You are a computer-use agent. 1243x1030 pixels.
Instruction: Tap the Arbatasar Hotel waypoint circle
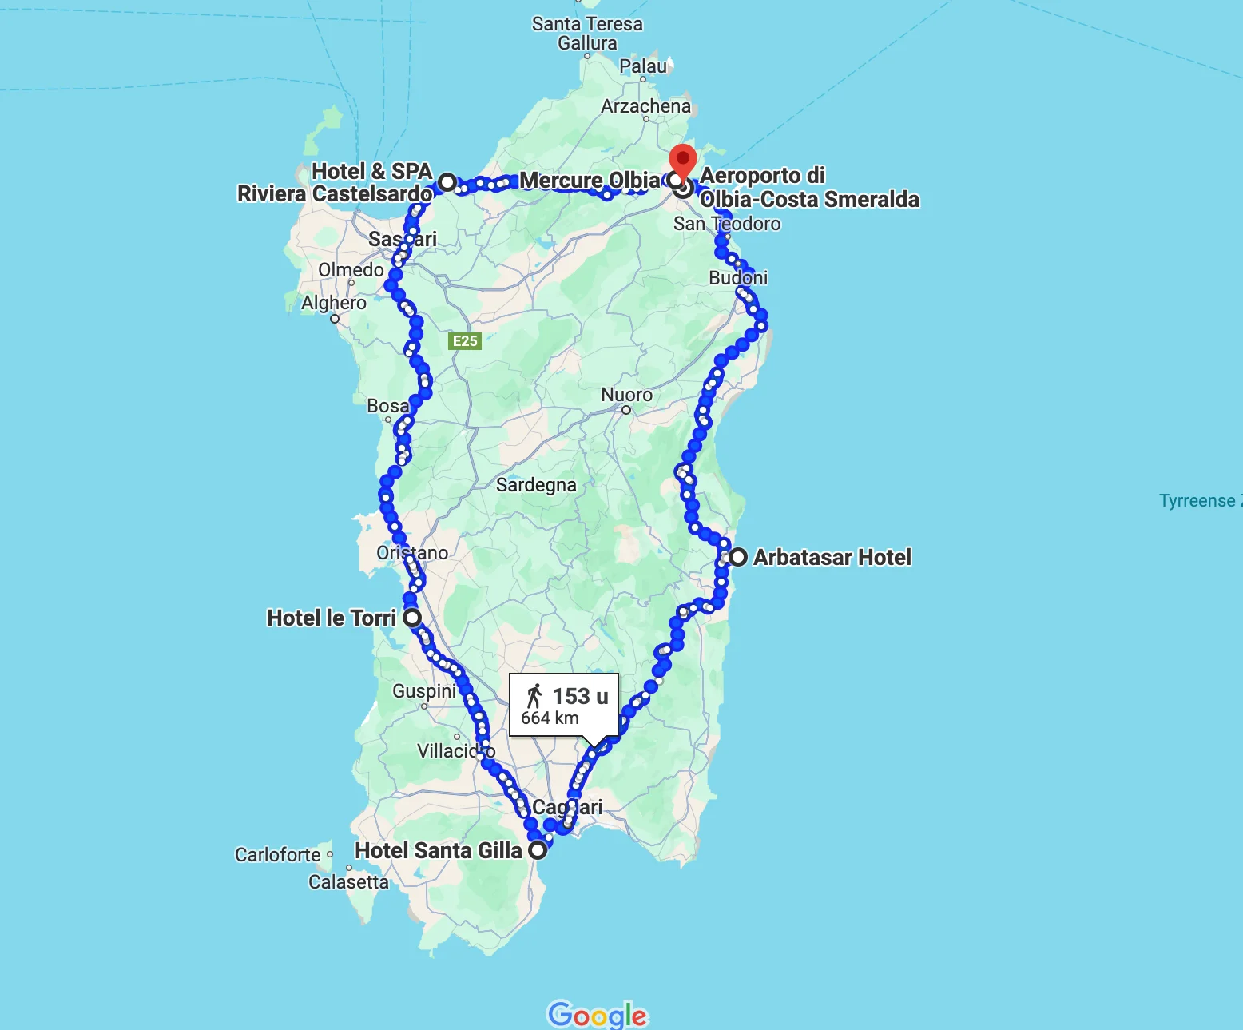tap(738, 557)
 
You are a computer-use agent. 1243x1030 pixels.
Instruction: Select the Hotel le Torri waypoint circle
tap(412, 618)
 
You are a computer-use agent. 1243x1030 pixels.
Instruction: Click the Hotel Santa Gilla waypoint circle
tap(538, 849)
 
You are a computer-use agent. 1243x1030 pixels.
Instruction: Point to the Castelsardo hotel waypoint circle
tap(447, 182)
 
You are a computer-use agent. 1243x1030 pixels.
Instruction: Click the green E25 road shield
tap(465, 341)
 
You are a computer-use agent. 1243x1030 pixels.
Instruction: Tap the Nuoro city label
tap(626, 395)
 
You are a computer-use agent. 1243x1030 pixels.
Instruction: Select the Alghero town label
tap(334, 303)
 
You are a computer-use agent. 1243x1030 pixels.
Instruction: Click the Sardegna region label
tap(536, 485)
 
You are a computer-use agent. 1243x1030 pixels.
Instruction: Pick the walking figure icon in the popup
tap(534, 696)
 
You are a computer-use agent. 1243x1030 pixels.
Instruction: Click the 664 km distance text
tap(550, 718)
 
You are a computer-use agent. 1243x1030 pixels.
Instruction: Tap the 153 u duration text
tap(580, 697)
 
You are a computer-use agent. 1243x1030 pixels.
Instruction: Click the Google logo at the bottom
tap(598, 1015)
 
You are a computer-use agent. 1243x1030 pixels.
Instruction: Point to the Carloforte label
tap(277, 855)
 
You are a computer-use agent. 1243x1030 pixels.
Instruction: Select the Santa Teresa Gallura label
tap(587, 34)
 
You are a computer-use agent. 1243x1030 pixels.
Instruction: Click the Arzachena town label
tap(645, 106)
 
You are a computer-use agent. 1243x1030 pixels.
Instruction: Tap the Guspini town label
tap(424, 691)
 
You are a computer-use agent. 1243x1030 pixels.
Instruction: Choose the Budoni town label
tap(738, 278)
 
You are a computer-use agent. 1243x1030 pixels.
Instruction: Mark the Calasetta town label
tap(348, 882)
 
